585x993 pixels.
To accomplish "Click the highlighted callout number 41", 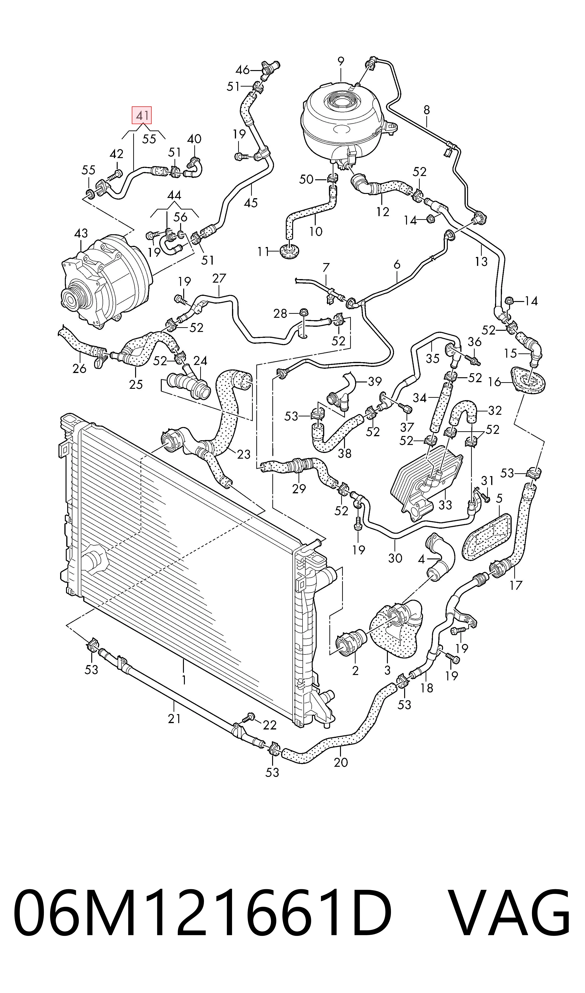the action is [141, 116].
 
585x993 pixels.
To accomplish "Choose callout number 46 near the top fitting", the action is [242, 70].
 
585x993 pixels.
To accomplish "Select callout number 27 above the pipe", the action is [219, 278].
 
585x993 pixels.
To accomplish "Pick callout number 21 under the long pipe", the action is [174, 719].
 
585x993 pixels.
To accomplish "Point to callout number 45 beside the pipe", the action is [251, 203].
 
